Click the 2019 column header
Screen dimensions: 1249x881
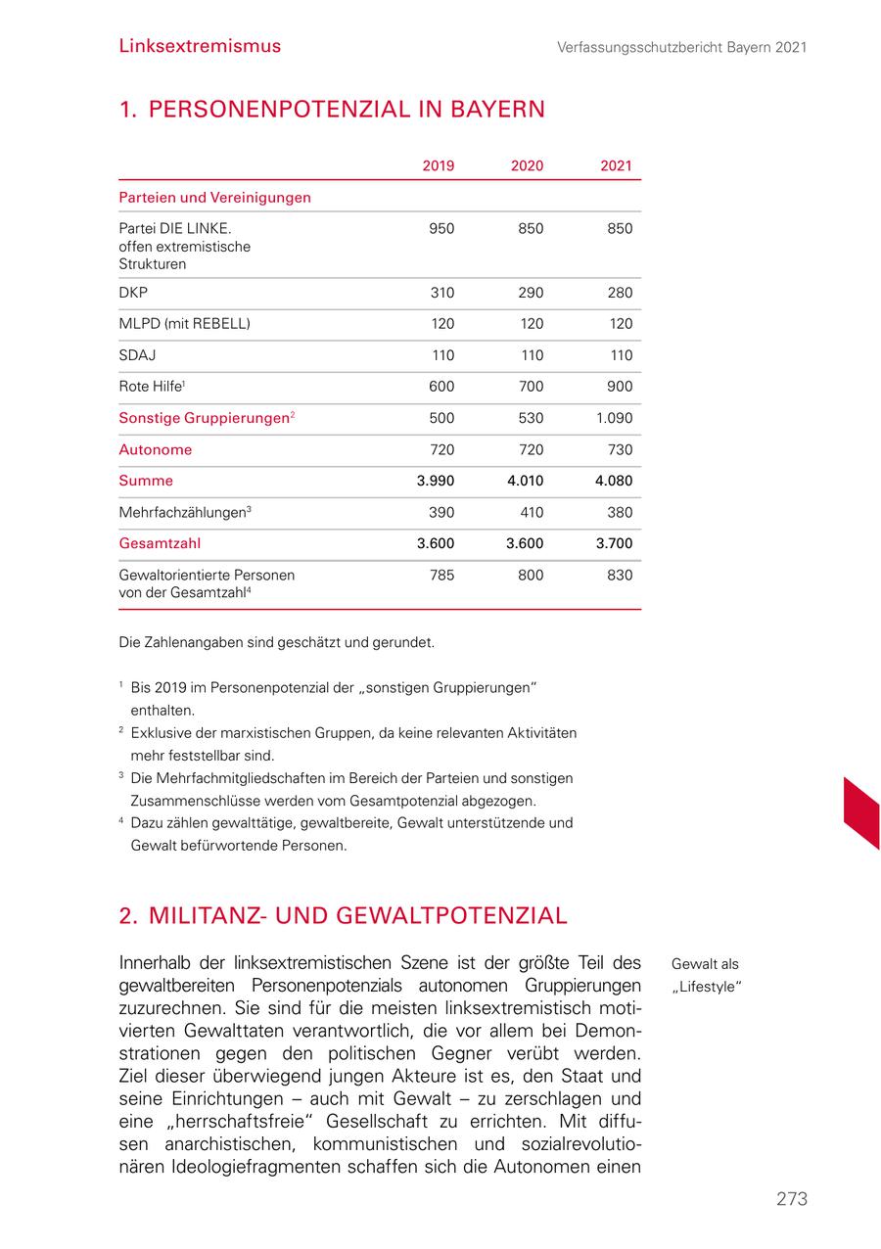tap(438, 165)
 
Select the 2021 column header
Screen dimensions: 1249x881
tap(616, 165)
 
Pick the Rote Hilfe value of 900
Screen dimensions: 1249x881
tap(620, 387)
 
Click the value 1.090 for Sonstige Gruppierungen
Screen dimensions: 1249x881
tap(615, 418)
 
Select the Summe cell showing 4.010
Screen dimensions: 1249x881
tap(526, 481)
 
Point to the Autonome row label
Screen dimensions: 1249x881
tap(155, 449)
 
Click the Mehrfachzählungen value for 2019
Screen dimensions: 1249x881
tap(441, 512)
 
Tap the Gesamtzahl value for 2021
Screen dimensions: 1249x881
tap(615, 543)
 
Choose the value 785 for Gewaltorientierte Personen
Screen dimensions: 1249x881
tap(441, 575)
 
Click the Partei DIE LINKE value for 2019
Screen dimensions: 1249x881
tap(441, 229)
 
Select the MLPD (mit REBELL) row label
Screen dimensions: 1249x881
tap(184, 324)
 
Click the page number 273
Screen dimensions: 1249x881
tap(791, 1199)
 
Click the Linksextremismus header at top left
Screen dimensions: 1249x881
tap(200, 46)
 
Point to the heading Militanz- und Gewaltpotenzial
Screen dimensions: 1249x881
tap(343, 916)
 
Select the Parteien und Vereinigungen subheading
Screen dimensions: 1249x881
tap(214, 197)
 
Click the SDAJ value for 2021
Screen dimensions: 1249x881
tap(620, 355)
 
